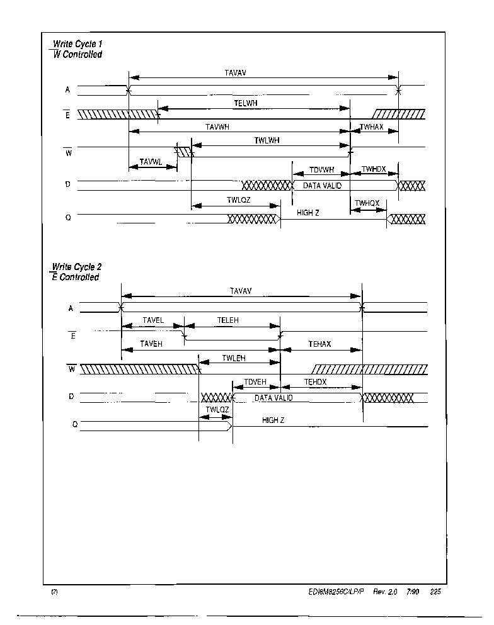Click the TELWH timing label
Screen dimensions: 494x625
(245, 103)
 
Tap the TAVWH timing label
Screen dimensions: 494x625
(217, 127)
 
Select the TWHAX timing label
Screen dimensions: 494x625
(372, 127)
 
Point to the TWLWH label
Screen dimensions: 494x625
(267, 140)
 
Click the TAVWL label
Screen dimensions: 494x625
(151, 162)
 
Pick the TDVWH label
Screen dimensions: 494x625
(321, 170)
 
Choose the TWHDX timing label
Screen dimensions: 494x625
(374, 169)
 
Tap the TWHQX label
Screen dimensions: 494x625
(367, 203)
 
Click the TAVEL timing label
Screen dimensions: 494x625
(153, 320)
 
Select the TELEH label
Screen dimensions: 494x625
(228, 320)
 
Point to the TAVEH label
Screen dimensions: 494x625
(151, 344)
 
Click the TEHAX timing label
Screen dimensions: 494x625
(319, 344)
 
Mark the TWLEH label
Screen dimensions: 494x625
(234, 358)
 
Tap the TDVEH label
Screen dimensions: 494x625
(255, 382)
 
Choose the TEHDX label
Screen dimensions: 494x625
(315, 382)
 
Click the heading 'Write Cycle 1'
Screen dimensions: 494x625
(78, 44)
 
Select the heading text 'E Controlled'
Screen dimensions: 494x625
(76, 277)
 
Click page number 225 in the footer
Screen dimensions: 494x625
(435, 592)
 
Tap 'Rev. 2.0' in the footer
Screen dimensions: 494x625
(385, 592)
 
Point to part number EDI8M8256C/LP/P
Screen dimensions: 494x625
(336, 592)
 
